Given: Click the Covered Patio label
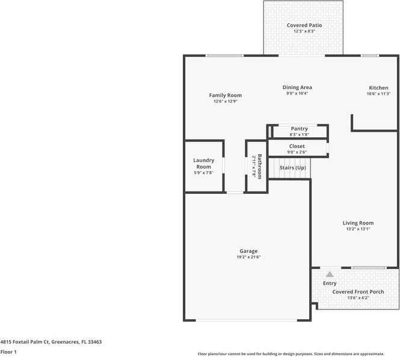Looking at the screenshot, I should pos(304,25).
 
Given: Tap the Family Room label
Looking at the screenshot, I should pos(225,95).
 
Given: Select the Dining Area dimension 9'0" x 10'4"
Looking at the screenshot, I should pos(297,93).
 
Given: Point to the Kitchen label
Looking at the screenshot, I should pos(378,88).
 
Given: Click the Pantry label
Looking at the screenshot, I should pos(299,128).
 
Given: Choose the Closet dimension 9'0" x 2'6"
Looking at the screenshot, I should pos(297,152).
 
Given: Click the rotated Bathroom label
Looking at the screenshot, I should pos(260,166).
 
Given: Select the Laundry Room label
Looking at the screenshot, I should pos(203,163).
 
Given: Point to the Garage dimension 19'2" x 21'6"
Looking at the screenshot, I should pos(248,257).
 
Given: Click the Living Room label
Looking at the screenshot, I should pos(358,223).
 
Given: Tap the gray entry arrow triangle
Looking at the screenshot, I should pos(330,274).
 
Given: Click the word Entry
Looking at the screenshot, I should pos(330,283).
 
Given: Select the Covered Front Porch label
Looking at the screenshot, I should pos(358,292).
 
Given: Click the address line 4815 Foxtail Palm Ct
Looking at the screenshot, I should pos(51,341).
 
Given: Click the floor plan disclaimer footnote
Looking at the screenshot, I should pos(298,354).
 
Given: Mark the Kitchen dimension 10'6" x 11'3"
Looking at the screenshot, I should pos(378,94).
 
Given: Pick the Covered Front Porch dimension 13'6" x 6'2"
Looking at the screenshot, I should pos(358,298).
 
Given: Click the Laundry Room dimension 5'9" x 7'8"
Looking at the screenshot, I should pos(203,173).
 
